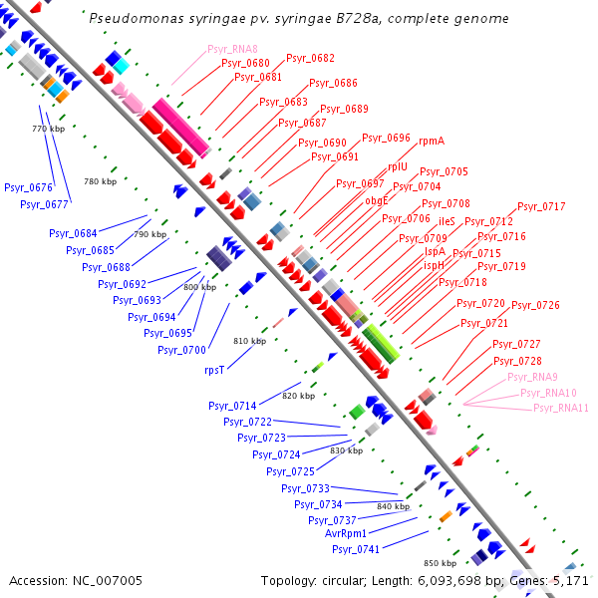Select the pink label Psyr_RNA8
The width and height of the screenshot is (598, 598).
(232, 49)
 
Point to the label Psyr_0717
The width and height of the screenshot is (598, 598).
(541, 207)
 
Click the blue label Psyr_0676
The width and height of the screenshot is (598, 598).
(28, 187)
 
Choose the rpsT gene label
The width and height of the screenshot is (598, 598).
(214, 370)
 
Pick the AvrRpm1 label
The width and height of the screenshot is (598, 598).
(346, 534)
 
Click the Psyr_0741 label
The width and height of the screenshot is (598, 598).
(356, 549)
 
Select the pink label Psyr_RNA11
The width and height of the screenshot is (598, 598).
(560, 408)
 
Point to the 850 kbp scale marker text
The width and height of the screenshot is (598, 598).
(440, 563)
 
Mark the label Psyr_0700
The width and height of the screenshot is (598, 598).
(181, 350)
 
